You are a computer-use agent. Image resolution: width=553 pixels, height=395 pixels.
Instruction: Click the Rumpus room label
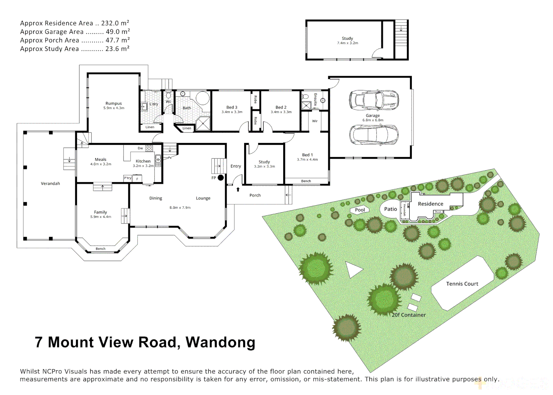113,104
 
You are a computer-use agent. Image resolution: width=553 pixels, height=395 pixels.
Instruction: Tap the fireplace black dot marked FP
221,178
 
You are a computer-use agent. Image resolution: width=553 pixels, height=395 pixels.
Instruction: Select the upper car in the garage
373,99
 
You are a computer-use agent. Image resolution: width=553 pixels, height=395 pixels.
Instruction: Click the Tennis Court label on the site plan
462,284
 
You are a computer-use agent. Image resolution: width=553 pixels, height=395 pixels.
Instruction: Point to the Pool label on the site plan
360,210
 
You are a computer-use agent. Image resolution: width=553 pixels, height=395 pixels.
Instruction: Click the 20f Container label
409,315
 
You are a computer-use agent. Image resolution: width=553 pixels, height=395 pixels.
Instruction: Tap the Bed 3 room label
232,107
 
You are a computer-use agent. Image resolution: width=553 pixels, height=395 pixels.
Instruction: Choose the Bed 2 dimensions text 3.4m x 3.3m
281,112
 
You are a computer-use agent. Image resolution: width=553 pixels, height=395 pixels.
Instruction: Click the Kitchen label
143,161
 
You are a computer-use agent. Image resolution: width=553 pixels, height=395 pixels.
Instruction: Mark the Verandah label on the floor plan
50,184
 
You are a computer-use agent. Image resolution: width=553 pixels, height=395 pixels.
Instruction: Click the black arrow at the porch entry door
238,189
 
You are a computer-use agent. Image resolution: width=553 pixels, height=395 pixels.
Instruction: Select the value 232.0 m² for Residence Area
115,23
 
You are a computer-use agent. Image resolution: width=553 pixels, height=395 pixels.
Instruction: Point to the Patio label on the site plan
390,209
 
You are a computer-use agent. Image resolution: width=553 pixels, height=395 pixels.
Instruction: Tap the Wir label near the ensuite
315,121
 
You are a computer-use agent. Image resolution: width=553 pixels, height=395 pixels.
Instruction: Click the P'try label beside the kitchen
128,178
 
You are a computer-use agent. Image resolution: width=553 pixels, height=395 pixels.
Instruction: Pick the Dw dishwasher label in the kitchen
140,148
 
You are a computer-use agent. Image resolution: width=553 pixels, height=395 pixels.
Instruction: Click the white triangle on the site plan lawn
353,270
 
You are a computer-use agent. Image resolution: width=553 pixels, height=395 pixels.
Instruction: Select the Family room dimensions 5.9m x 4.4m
101,217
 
